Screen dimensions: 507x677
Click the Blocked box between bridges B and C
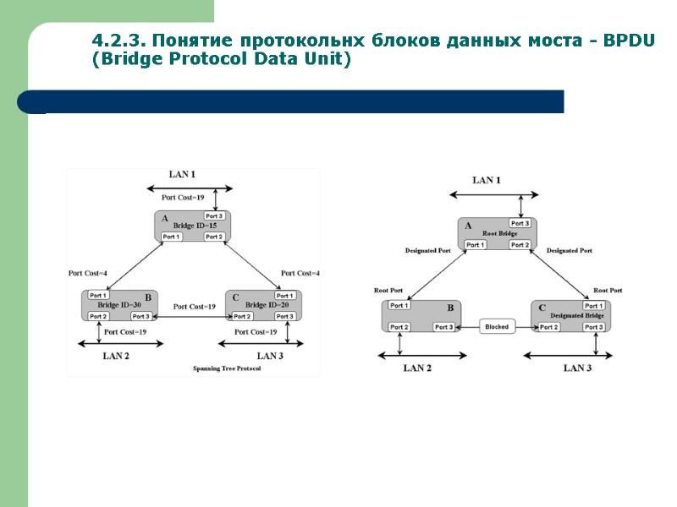tap(497, 327)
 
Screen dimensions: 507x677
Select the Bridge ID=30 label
tap(119, 305)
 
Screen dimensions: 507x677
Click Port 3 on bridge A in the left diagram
tap(214, 216)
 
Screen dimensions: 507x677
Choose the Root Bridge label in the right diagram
tap(499, 233)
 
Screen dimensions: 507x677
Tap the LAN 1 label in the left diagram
tap(182, 175)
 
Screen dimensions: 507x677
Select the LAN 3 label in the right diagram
tap(578, 368)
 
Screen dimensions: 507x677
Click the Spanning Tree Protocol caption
tap(227, 369)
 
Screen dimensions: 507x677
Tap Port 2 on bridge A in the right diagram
tap(520, 245)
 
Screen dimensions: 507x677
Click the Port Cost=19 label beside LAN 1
tap(184, 197)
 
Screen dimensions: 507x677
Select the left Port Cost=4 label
tap(87, 273)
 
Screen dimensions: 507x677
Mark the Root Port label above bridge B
tap(388, 291)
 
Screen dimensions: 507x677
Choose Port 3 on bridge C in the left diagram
tap(284, 317)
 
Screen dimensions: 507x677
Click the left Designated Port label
tap(427, 251)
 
